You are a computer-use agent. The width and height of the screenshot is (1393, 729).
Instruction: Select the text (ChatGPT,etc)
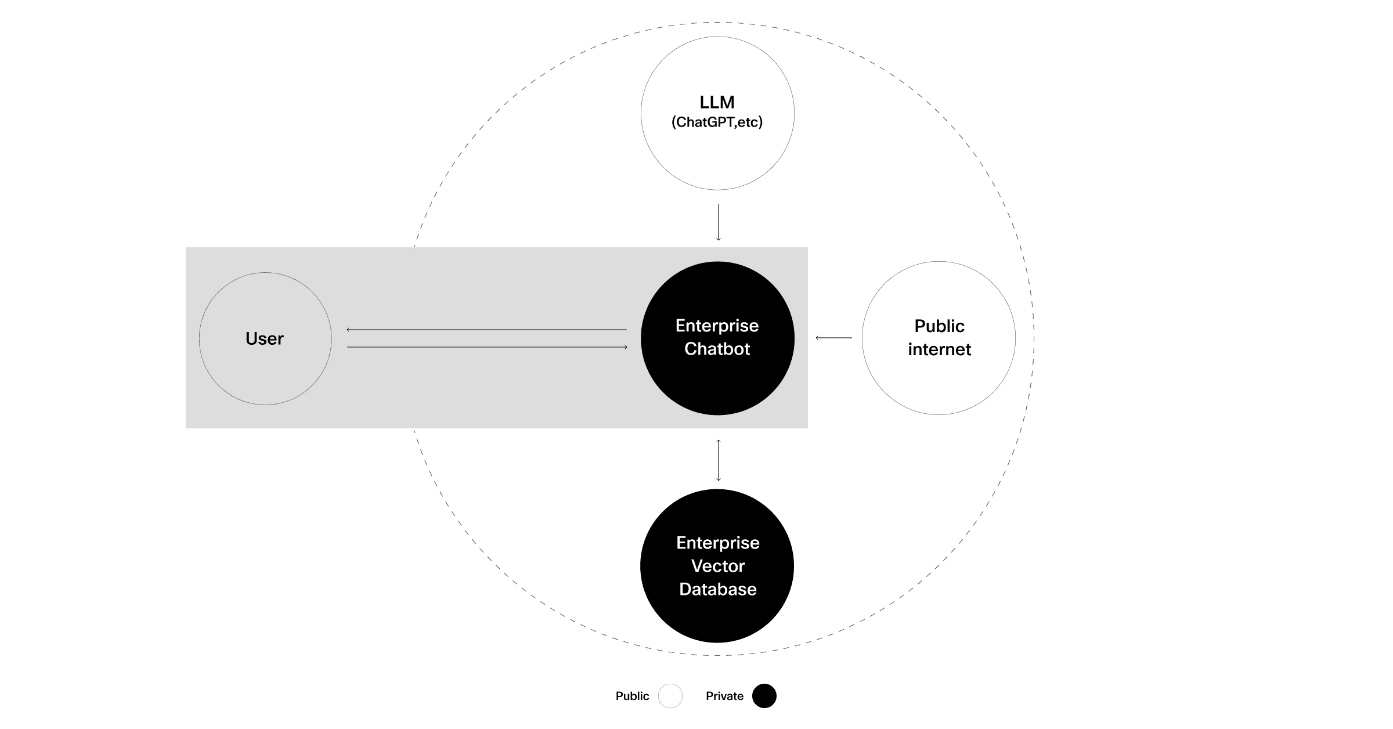coord(717,122)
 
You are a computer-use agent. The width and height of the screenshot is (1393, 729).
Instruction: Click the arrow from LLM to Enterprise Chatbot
coord(719,222)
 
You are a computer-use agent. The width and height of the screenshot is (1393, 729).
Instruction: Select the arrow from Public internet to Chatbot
coord(834,337)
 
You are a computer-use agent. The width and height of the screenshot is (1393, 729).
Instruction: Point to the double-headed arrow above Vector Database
coord(719,460)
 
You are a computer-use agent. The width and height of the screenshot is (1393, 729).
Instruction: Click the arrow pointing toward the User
coord(486,330)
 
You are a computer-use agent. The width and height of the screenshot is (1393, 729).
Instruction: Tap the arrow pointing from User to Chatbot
coord(486,347)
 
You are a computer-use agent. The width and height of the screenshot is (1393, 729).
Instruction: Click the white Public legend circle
coord(670,696)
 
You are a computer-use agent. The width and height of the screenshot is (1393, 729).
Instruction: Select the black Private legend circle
coord(764,696)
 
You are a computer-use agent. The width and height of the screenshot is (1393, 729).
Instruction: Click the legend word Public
coord(632,696)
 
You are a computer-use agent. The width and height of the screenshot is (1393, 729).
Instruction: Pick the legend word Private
coord(724,696)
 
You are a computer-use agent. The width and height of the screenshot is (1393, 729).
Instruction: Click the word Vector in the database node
coord(718,566)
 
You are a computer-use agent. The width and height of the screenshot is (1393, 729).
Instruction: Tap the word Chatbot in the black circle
coord(717,349)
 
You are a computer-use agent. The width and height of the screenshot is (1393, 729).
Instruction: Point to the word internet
coord(939,349)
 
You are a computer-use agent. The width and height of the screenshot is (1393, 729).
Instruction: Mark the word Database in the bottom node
coord(718,589)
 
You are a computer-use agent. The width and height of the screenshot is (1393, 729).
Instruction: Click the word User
coord(265,338)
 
